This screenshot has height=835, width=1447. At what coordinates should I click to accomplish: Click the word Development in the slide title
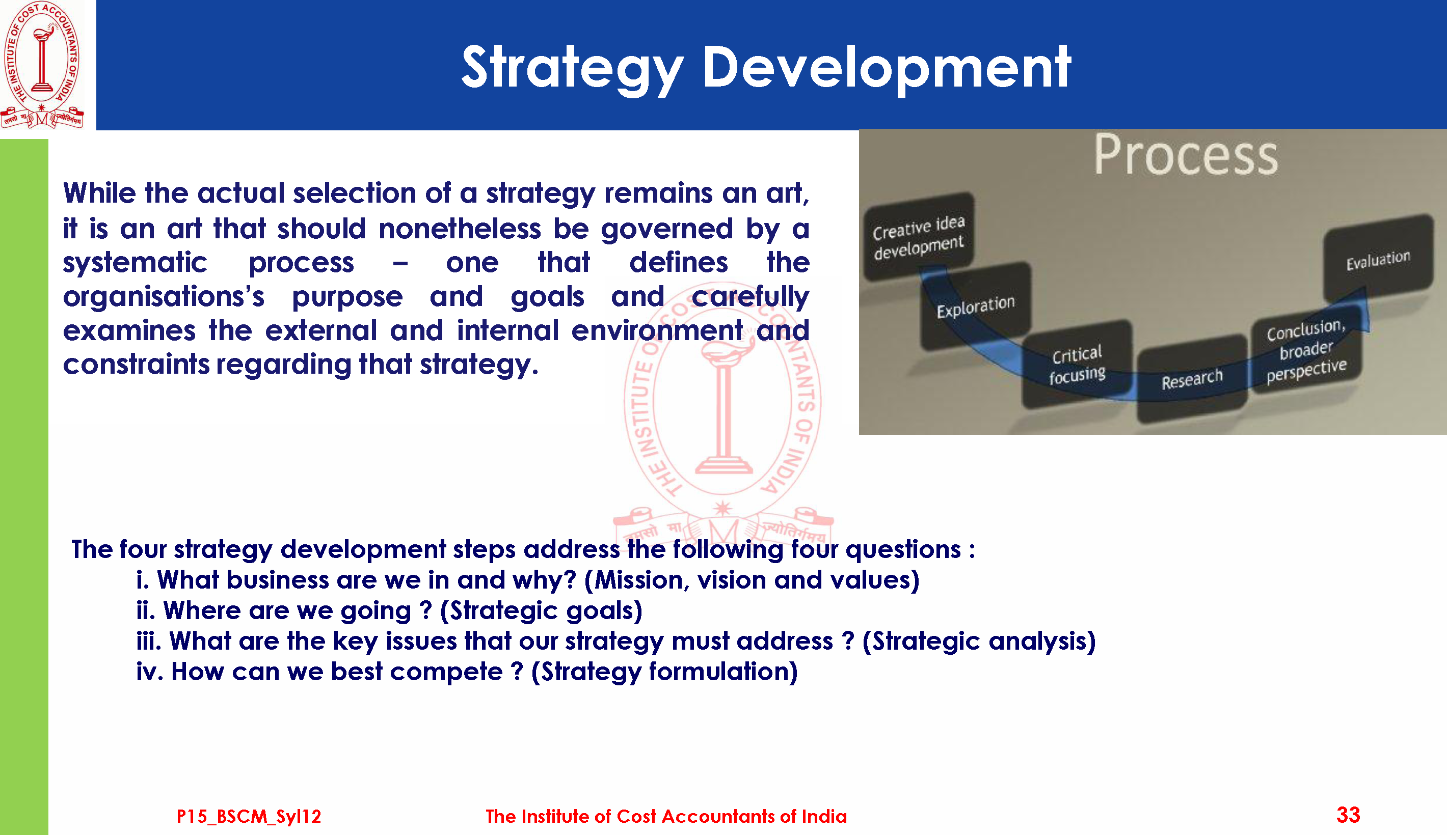click(x=887, y=68)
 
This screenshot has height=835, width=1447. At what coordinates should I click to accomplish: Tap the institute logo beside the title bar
click(x=42, y=64)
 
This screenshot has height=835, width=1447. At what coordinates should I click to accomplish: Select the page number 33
click(x=1348, y=814)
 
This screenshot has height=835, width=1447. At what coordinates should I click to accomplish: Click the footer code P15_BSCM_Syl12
click(x=249, y=816)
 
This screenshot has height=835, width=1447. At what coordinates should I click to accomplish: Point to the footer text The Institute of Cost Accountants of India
click(x=665, y=816)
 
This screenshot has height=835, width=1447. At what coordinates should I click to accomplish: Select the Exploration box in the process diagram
click(x=975, y=305)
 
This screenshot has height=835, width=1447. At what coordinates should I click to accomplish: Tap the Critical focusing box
click(x=1077, y=365)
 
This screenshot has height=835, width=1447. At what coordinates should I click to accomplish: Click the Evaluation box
click(x=1378, y=259)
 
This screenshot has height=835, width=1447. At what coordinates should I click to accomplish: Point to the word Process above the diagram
click(x=1186, y=155)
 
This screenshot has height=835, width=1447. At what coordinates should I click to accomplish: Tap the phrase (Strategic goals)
click(x=541, y=611)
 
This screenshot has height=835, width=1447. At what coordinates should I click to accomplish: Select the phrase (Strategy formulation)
click(x=664, y=672)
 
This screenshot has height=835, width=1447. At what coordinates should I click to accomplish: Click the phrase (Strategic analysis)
click(x=979, y=641)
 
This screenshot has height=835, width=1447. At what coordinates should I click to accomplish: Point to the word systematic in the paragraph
click(x=135, y=263)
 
